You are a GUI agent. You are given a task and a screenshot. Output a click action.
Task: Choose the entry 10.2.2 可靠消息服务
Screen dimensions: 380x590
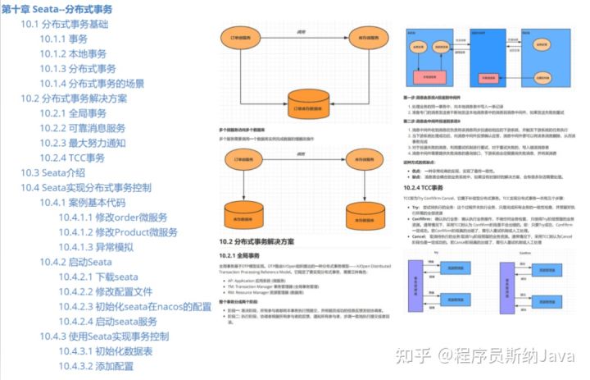pyautogui.click(x=83, y=128)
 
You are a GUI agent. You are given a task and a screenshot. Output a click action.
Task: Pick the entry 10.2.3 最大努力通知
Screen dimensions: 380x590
pyautogui.click(x=83, y=143)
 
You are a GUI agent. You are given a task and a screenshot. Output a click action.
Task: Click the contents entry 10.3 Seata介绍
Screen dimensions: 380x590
pyautogui.click(x=53, y=172)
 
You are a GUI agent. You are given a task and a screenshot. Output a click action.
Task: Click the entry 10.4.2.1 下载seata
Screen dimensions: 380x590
pyautogui.click(x=98, y=277)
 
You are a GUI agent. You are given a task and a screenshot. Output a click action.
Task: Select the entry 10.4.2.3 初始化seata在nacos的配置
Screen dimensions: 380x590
pyautogui.click(x=135, y=306)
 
